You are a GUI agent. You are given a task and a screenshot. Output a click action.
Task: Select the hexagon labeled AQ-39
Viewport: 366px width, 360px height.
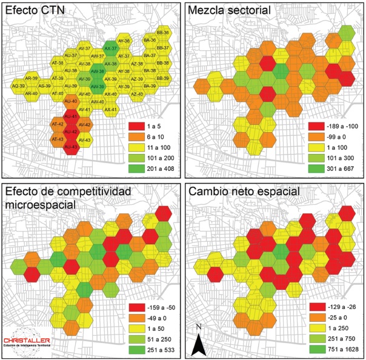18,86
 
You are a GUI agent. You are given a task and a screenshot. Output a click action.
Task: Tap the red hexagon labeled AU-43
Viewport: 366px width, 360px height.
71,147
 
